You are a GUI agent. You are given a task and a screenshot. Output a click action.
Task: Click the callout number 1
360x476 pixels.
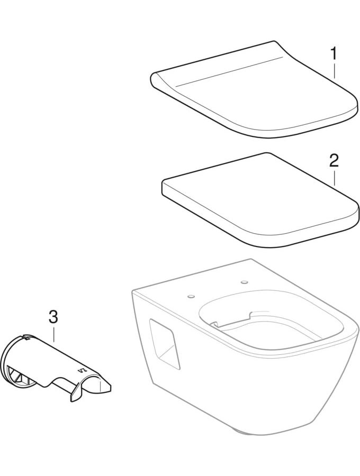[334, 53]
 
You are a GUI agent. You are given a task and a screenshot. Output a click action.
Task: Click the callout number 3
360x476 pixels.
[53, 316]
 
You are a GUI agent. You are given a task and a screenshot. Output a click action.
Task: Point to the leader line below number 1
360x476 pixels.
[335, 71]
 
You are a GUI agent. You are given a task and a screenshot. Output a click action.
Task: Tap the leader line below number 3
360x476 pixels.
[53, 334]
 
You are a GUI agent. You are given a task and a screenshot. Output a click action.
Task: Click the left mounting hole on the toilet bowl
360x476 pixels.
[191, 296]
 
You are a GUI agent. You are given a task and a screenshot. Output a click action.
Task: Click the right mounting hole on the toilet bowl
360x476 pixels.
[244, 282]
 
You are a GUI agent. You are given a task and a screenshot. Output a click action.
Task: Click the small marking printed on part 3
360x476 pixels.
[83, 370]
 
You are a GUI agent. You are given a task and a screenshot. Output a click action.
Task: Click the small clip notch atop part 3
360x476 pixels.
[26, 337]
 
